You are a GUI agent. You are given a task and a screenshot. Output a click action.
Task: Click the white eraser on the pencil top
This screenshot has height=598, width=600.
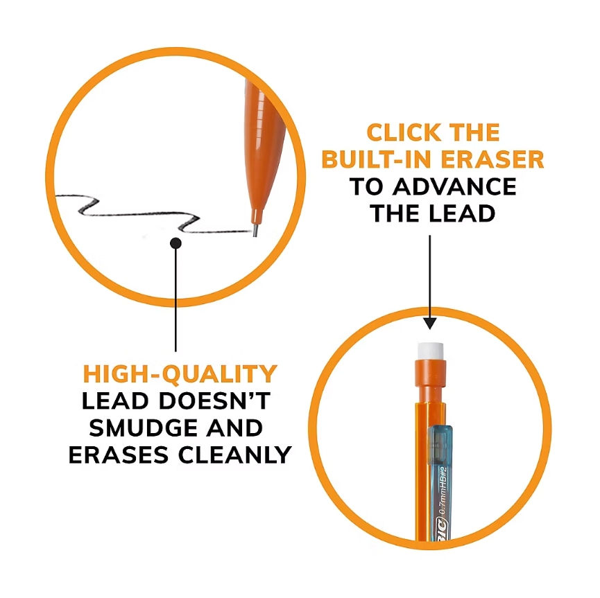coord(431,351)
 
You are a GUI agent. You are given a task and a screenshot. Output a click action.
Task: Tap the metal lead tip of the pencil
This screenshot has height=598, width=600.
coord(255,231)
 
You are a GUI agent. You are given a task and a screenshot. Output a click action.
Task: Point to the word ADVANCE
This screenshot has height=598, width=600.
coord(454,186)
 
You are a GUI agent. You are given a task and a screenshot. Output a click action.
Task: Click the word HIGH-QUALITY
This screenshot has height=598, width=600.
coord(180,373)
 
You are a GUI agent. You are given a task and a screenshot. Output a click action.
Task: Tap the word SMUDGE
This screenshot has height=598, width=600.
coord(144,428)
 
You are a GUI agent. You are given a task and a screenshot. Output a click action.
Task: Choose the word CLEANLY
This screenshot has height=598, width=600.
coord(234,455)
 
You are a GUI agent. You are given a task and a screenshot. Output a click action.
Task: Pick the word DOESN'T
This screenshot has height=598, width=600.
coord(214,401)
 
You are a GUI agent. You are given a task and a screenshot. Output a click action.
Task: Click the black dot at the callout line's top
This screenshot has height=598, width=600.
coord(175,243)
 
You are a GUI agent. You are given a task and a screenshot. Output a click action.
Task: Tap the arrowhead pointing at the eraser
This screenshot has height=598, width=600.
coord(430,323)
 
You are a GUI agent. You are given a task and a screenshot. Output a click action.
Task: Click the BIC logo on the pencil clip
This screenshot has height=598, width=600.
coord(441,529)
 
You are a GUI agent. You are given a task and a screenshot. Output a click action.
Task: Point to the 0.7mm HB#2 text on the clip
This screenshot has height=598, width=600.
coord(443,491)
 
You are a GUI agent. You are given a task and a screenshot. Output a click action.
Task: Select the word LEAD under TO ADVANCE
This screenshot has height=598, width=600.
coord(462,213)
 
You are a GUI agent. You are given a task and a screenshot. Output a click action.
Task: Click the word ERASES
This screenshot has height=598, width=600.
coord(119,455)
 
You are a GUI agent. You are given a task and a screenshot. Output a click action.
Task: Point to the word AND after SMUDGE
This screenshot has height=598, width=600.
coord(234,428)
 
